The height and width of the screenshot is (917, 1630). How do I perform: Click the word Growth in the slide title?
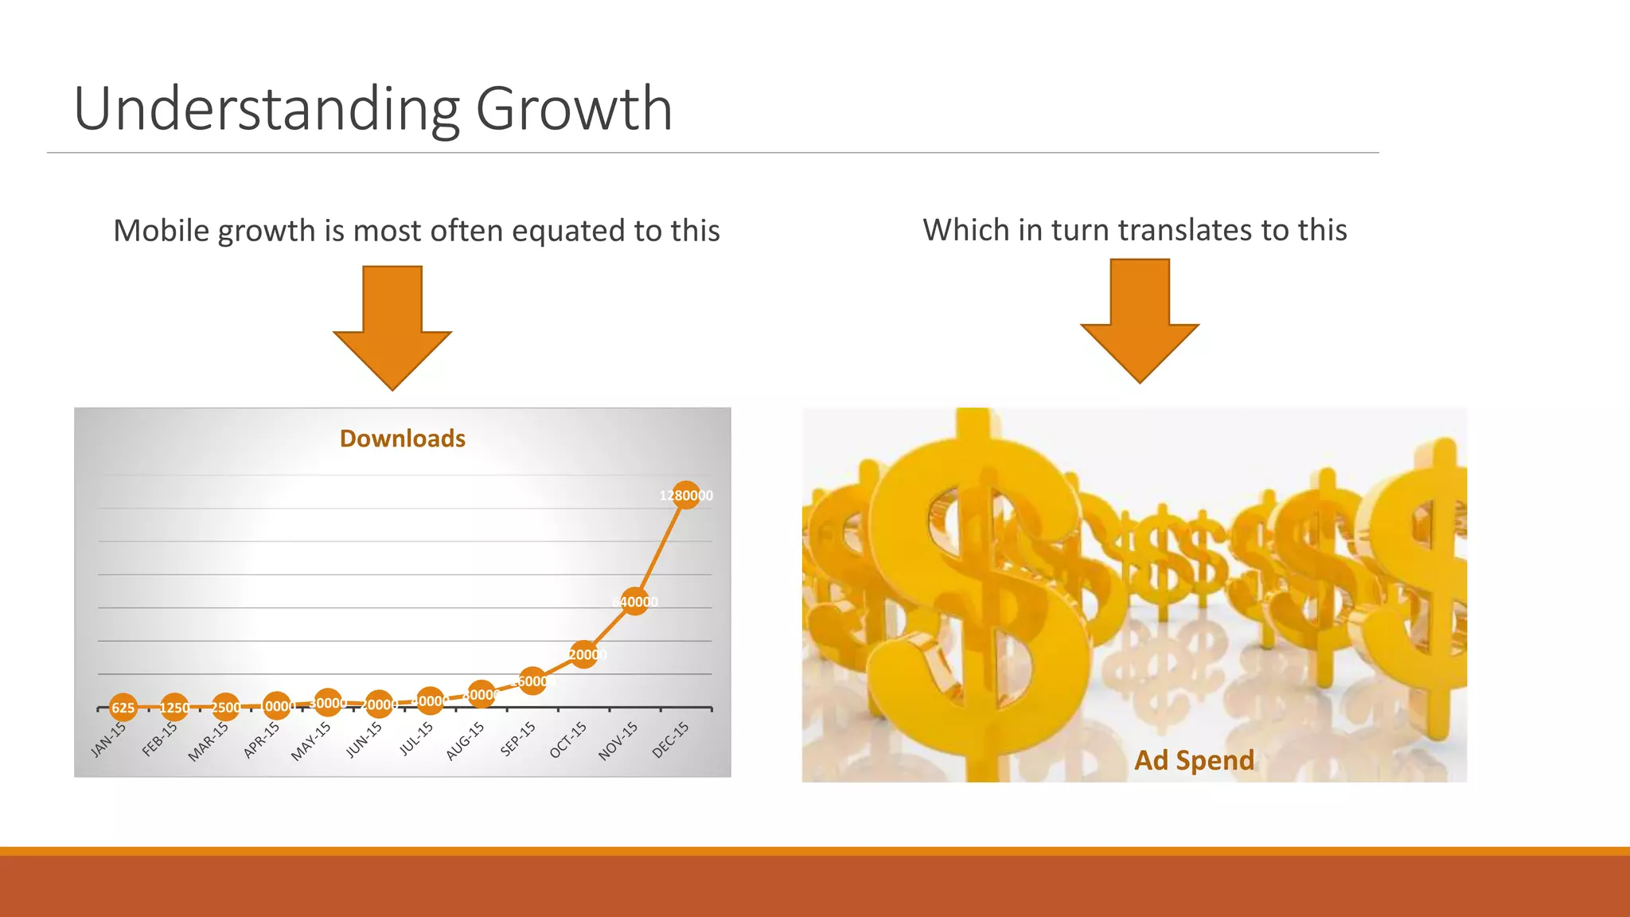[574, 109]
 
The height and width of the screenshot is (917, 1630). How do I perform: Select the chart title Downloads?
[402, 439]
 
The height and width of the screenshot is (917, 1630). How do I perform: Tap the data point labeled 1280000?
[686, 495]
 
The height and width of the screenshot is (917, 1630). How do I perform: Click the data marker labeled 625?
[123, 708]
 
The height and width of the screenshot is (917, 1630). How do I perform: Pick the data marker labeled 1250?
[174, 708]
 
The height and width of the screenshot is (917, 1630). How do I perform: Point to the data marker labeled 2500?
[225, 707]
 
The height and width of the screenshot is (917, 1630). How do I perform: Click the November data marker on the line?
[635, 602]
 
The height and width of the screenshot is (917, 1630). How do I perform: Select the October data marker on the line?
[584, 654]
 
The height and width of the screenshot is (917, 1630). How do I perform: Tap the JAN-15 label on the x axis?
[109, 739]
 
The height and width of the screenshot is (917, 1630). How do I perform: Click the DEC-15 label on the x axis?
[670, 739]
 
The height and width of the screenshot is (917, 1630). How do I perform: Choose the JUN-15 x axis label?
[365, 739]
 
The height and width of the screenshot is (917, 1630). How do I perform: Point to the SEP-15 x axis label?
[518, 739]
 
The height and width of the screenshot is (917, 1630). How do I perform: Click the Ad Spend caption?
[1194, 760]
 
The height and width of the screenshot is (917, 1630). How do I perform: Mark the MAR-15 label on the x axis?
[209, 742]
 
